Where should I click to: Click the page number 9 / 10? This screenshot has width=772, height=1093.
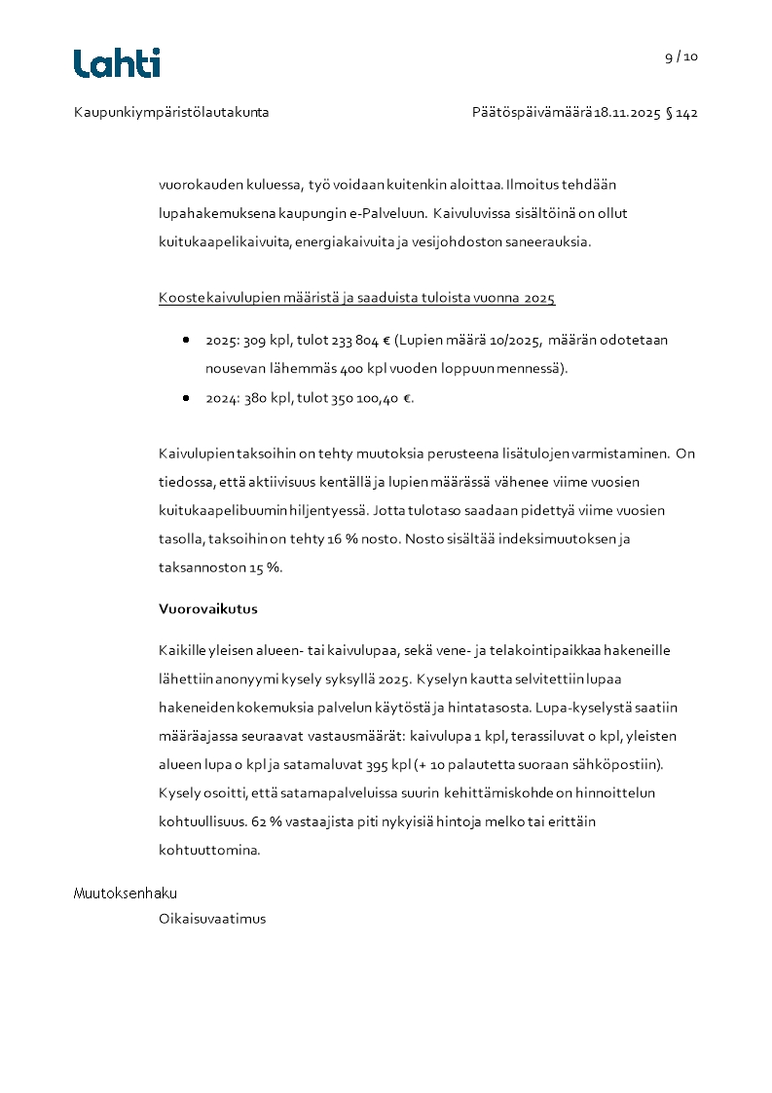(x=681, y=56)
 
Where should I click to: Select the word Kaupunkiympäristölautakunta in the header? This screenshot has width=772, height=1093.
(x=171, y=113)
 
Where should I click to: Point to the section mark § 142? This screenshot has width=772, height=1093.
(x=682, y=113)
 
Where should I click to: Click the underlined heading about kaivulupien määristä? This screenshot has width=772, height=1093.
(x=356, y=298)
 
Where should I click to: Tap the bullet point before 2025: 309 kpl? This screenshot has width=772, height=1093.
(x=185, y=341)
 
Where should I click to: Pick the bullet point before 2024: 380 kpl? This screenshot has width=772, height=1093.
(x=185, y=398)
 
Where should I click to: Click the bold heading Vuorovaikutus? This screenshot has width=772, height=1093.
(x=208, y=609)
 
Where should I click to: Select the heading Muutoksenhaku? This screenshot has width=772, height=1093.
(x=126, y=893)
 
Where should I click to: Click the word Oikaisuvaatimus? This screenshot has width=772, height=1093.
(x=212, y=919)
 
